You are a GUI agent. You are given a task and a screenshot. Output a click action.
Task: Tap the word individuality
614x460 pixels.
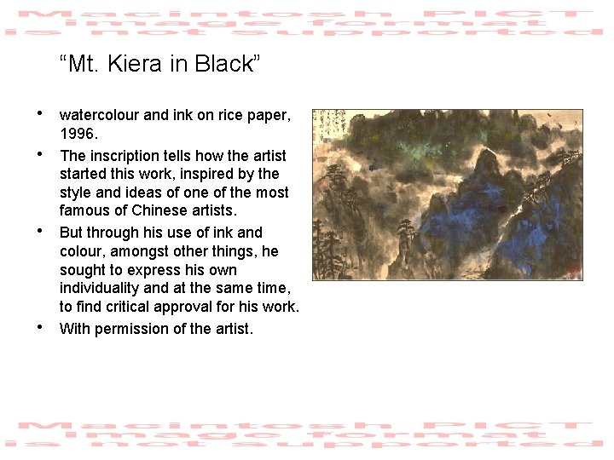coord(106,288)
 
